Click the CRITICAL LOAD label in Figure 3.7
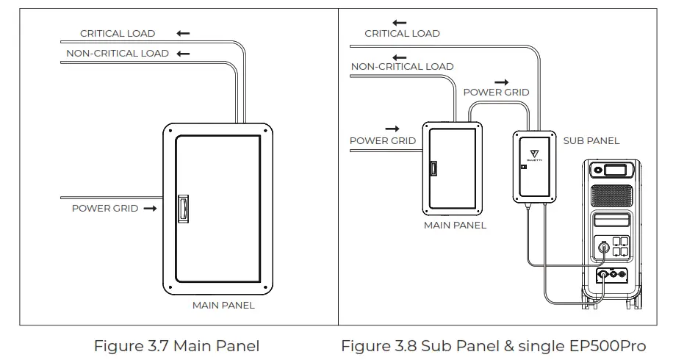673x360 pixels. tap(118, 33)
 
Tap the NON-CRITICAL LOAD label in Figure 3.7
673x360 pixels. tap(118, 53)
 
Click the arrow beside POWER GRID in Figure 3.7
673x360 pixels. tap(151, 209)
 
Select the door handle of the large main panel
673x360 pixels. tap(184, 209)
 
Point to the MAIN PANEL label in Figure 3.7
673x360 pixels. tap(223, 305)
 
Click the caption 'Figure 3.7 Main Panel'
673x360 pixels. tap(176, 345)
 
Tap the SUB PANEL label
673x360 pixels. tap(591, 140)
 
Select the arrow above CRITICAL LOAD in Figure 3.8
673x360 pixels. tap(400, 23)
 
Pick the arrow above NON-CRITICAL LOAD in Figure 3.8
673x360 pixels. tap(400, 57)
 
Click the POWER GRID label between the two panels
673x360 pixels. tap(496, 93)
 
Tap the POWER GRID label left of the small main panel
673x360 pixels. tap(382, 140)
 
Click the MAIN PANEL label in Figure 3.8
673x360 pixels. tap(455, 226)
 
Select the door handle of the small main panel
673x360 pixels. tap(433, 169)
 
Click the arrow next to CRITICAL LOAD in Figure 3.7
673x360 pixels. tap(183, 33)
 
